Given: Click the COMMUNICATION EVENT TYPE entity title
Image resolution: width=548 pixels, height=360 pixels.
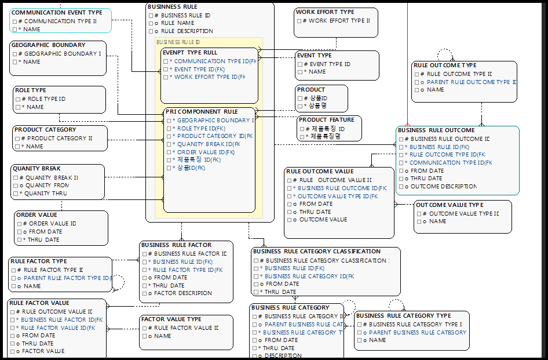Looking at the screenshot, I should (57, 12).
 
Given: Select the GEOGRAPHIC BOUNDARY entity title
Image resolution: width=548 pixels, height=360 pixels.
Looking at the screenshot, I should (48, 45).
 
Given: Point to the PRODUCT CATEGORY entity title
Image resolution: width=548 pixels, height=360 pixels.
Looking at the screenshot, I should (45, 130).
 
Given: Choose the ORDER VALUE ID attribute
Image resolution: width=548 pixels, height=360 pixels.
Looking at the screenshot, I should (53, 223).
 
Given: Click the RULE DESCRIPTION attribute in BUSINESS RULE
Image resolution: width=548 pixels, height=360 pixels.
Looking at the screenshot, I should (187, 31).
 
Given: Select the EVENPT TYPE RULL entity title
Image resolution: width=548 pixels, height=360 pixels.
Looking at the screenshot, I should (190, 52).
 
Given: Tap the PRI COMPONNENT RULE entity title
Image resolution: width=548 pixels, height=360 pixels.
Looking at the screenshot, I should (202, 111).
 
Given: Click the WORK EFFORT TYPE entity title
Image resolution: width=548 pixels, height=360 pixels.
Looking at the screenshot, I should (325, 12).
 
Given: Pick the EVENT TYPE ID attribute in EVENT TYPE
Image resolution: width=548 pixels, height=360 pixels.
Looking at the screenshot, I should (330, 64).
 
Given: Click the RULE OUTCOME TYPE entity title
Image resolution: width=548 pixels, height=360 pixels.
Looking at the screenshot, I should (445, 65).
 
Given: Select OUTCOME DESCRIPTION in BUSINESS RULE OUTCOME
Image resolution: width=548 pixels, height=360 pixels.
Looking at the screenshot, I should (443, 187).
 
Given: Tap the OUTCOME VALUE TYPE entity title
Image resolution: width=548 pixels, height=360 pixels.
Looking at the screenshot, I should (450, 205).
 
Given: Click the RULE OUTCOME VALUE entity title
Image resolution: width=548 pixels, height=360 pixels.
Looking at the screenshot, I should (320, 171).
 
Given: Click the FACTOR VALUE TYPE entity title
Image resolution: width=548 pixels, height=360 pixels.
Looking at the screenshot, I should (171, 319).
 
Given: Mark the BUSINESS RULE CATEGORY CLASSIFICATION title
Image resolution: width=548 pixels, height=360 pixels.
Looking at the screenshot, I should (317, 252).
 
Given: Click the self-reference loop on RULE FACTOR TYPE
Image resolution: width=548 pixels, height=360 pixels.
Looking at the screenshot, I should (118, 282).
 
